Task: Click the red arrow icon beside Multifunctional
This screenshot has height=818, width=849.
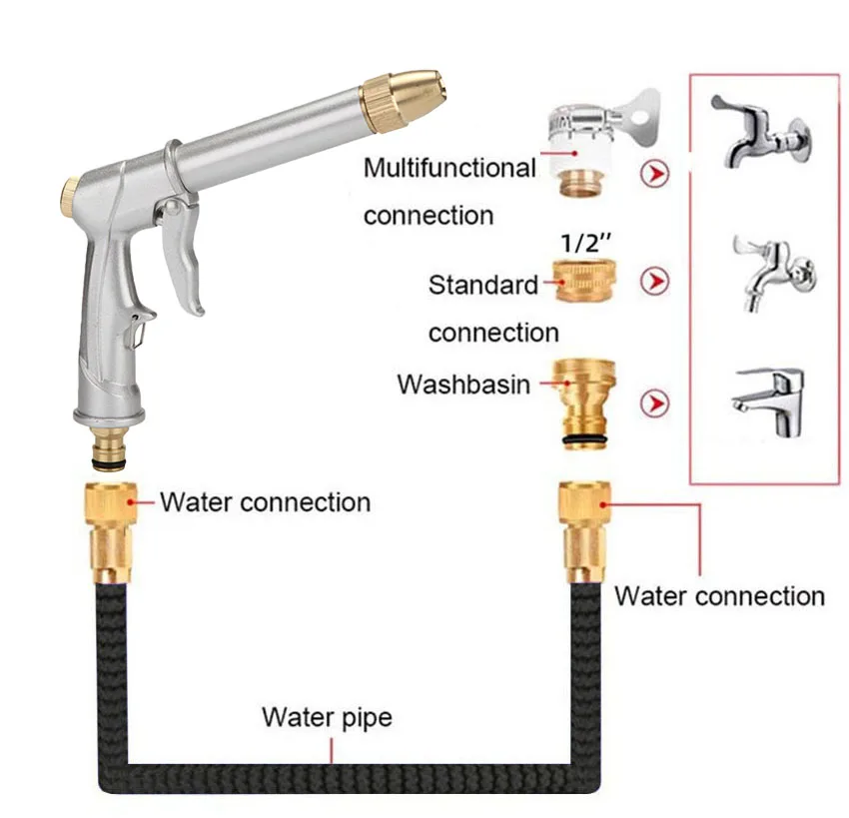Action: (x=655, y=172)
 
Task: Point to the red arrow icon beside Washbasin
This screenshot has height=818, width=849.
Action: (x=655, y=404)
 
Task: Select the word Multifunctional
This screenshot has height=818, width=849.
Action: (x=449, y=168)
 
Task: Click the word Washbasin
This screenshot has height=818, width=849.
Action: (x=463, y=384)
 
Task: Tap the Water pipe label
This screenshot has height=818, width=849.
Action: (x=327, y=717)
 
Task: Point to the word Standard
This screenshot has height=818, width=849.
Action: (x=483, y=285)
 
